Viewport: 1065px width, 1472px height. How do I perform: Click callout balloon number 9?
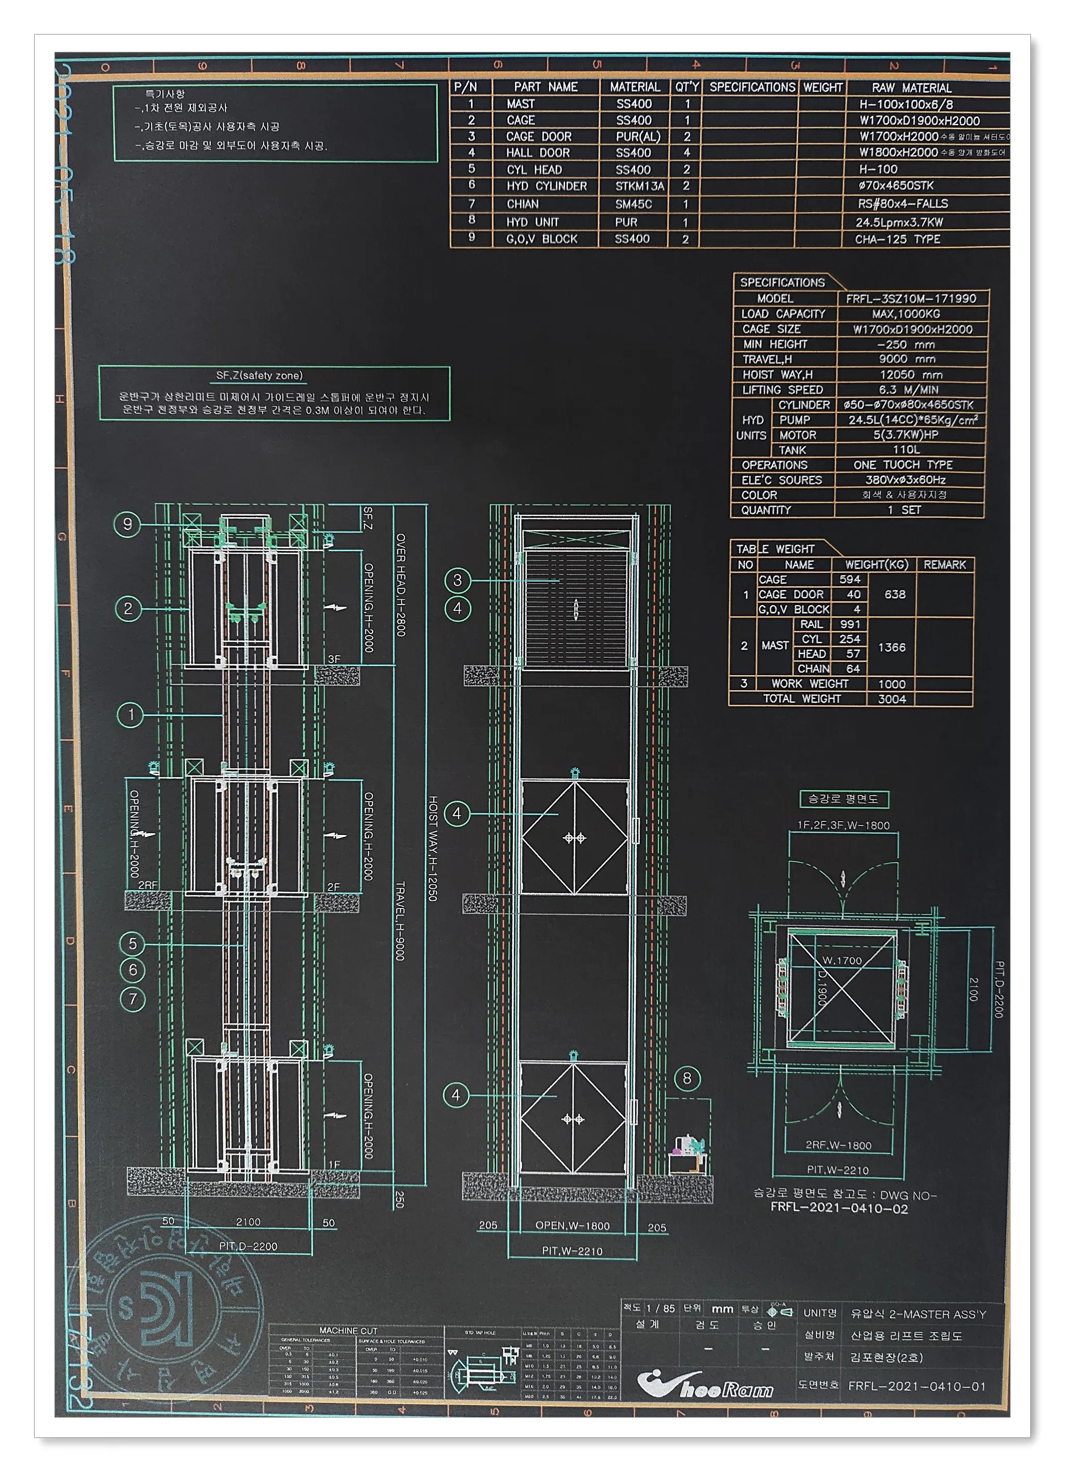(127, 524)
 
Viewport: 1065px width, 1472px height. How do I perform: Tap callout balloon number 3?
(457, 580)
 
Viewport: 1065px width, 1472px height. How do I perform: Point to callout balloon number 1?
(131, 715)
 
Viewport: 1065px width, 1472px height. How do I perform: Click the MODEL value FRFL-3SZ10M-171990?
(911, 298)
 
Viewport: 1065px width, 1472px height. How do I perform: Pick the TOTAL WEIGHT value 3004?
(892, 699)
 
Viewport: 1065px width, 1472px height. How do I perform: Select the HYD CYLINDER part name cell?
(546, 186)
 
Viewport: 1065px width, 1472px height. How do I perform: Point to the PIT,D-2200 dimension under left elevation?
(248, 1246)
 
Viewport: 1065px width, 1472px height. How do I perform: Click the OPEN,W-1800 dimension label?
(572, 1226)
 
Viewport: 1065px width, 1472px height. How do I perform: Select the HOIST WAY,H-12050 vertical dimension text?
(433, 848)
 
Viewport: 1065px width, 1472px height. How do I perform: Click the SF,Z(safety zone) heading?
(259, 375)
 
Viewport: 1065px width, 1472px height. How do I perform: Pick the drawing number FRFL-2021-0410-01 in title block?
(916, 1386)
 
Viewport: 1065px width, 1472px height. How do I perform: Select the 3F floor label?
(334, 659)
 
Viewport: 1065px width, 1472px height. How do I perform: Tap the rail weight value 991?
(849, 624)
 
